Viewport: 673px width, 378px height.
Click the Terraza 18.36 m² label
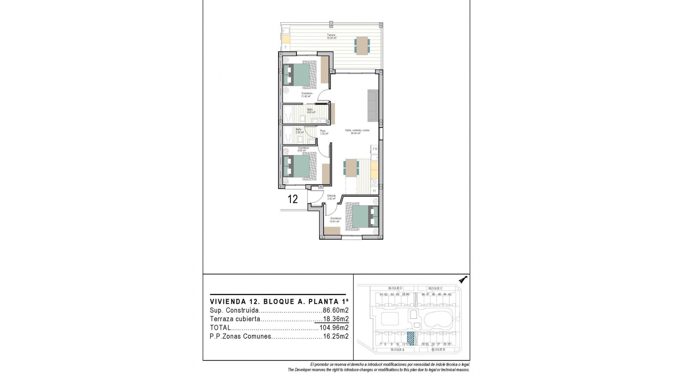[332, 36]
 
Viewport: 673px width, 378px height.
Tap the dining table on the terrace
[362, 45]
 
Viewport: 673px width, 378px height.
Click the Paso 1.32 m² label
[324, 132]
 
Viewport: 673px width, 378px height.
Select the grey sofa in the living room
[373, 105]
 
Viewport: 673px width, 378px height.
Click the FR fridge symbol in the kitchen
[375, 149]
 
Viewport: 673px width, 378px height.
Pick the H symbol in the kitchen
[374, 191]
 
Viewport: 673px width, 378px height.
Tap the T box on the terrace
[286, 47]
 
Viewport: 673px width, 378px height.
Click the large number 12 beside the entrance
[293, 199]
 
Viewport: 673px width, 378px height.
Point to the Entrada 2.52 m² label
[331, 197]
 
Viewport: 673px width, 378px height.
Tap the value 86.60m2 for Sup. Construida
[335, 310]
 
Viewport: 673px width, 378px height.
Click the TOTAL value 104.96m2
[334, 328]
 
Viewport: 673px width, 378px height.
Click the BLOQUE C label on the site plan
[435, 288]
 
